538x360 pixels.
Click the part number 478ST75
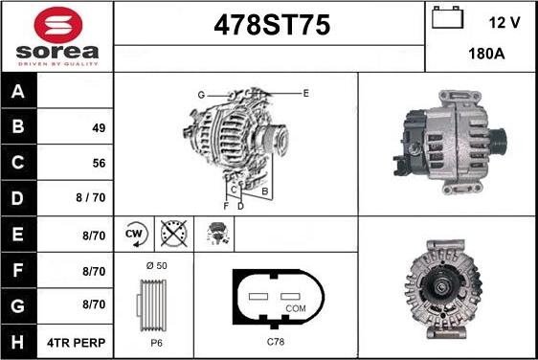pyautogui.click(x=269, y=27)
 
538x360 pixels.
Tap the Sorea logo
pyautogui.click(x=57, y=35)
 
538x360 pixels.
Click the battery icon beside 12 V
pyautogui.click(x=447, y=17)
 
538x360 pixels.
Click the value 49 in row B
pyautogui.click(x=99, y=128)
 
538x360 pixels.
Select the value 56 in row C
pyautogui.click(x=99, y=164)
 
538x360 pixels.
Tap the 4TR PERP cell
pyautogui.click(x=78, y=342)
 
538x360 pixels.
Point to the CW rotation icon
pyautogui.click(x=135, y=233)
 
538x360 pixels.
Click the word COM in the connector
pyautogui.click(x=297, y=307)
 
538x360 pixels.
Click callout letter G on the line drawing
pyautogui.click(x=202, y=94)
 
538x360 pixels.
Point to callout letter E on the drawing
pyautogui.click(x=305, y=93)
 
